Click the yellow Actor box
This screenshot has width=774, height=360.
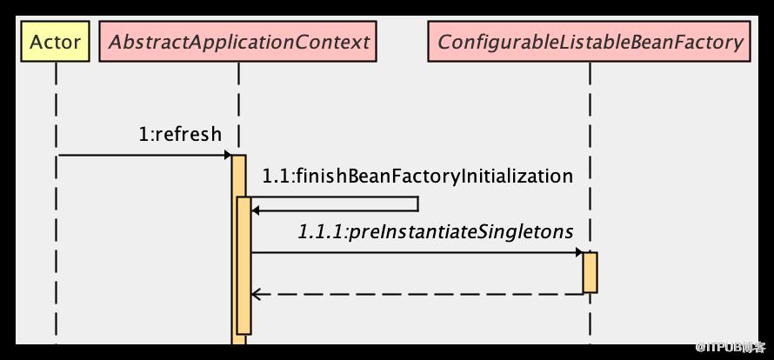tap(56, 42)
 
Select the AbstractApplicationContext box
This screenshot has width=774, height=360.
tap(238, 42)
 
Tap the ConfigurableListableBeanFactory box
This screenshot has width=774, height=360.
tap(590, 42)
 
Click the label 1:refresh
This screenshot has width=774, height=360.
tap(180, 134)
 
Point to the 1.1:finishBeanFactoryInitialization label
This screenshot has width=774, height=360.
tap(417, 177)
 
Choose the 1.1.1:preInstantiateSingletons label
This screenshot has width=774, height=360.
tap(436, 231)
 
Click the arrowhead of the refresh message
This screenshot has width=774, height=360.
tap(228, 155)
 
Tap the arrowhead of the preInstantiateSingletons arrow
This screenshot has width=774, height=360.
tap(579, 253)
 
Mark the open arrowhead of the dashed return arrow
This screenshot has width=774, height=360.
tap(256, 294)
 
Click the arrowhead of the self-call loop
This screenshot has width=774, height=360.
tap(255, 210)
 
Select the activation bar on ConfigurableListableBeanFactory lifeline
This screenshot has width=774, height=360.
tap(590, 272)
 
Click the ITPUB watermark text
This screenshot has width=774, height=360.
tap(731, 347)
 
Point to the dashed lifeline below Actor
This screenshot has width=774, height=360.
tap(56, 203)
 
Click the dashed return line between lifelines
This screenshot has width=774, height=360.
tap(417, 294)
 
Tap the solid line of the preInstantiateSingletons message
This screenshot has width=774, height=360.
tap(417, 253)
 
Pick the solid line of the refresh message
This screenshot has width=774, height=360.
tap(144, 155)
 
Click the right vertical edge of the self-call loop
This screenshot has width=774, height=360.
tap(418, 204)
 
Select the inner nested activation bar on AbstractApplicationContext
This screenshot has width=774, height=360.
tap(244, 266)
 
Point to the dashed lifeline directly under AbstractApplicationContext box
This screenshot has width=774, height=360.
tap(238, 109)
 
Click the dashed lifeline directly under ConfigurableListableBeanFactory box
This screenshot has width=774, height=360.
tap(590, 157)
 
